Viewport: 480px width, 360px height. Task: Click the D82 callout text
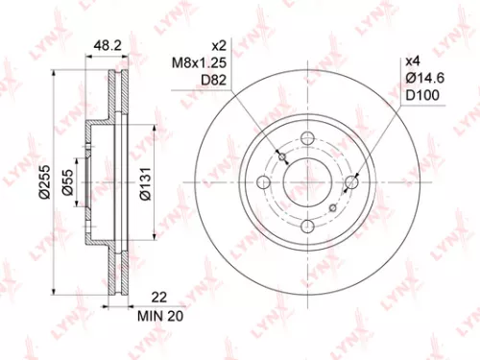(x=192, y=83)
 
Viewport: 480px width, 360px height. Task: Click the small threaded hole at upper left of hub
(x=281, y=154)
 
